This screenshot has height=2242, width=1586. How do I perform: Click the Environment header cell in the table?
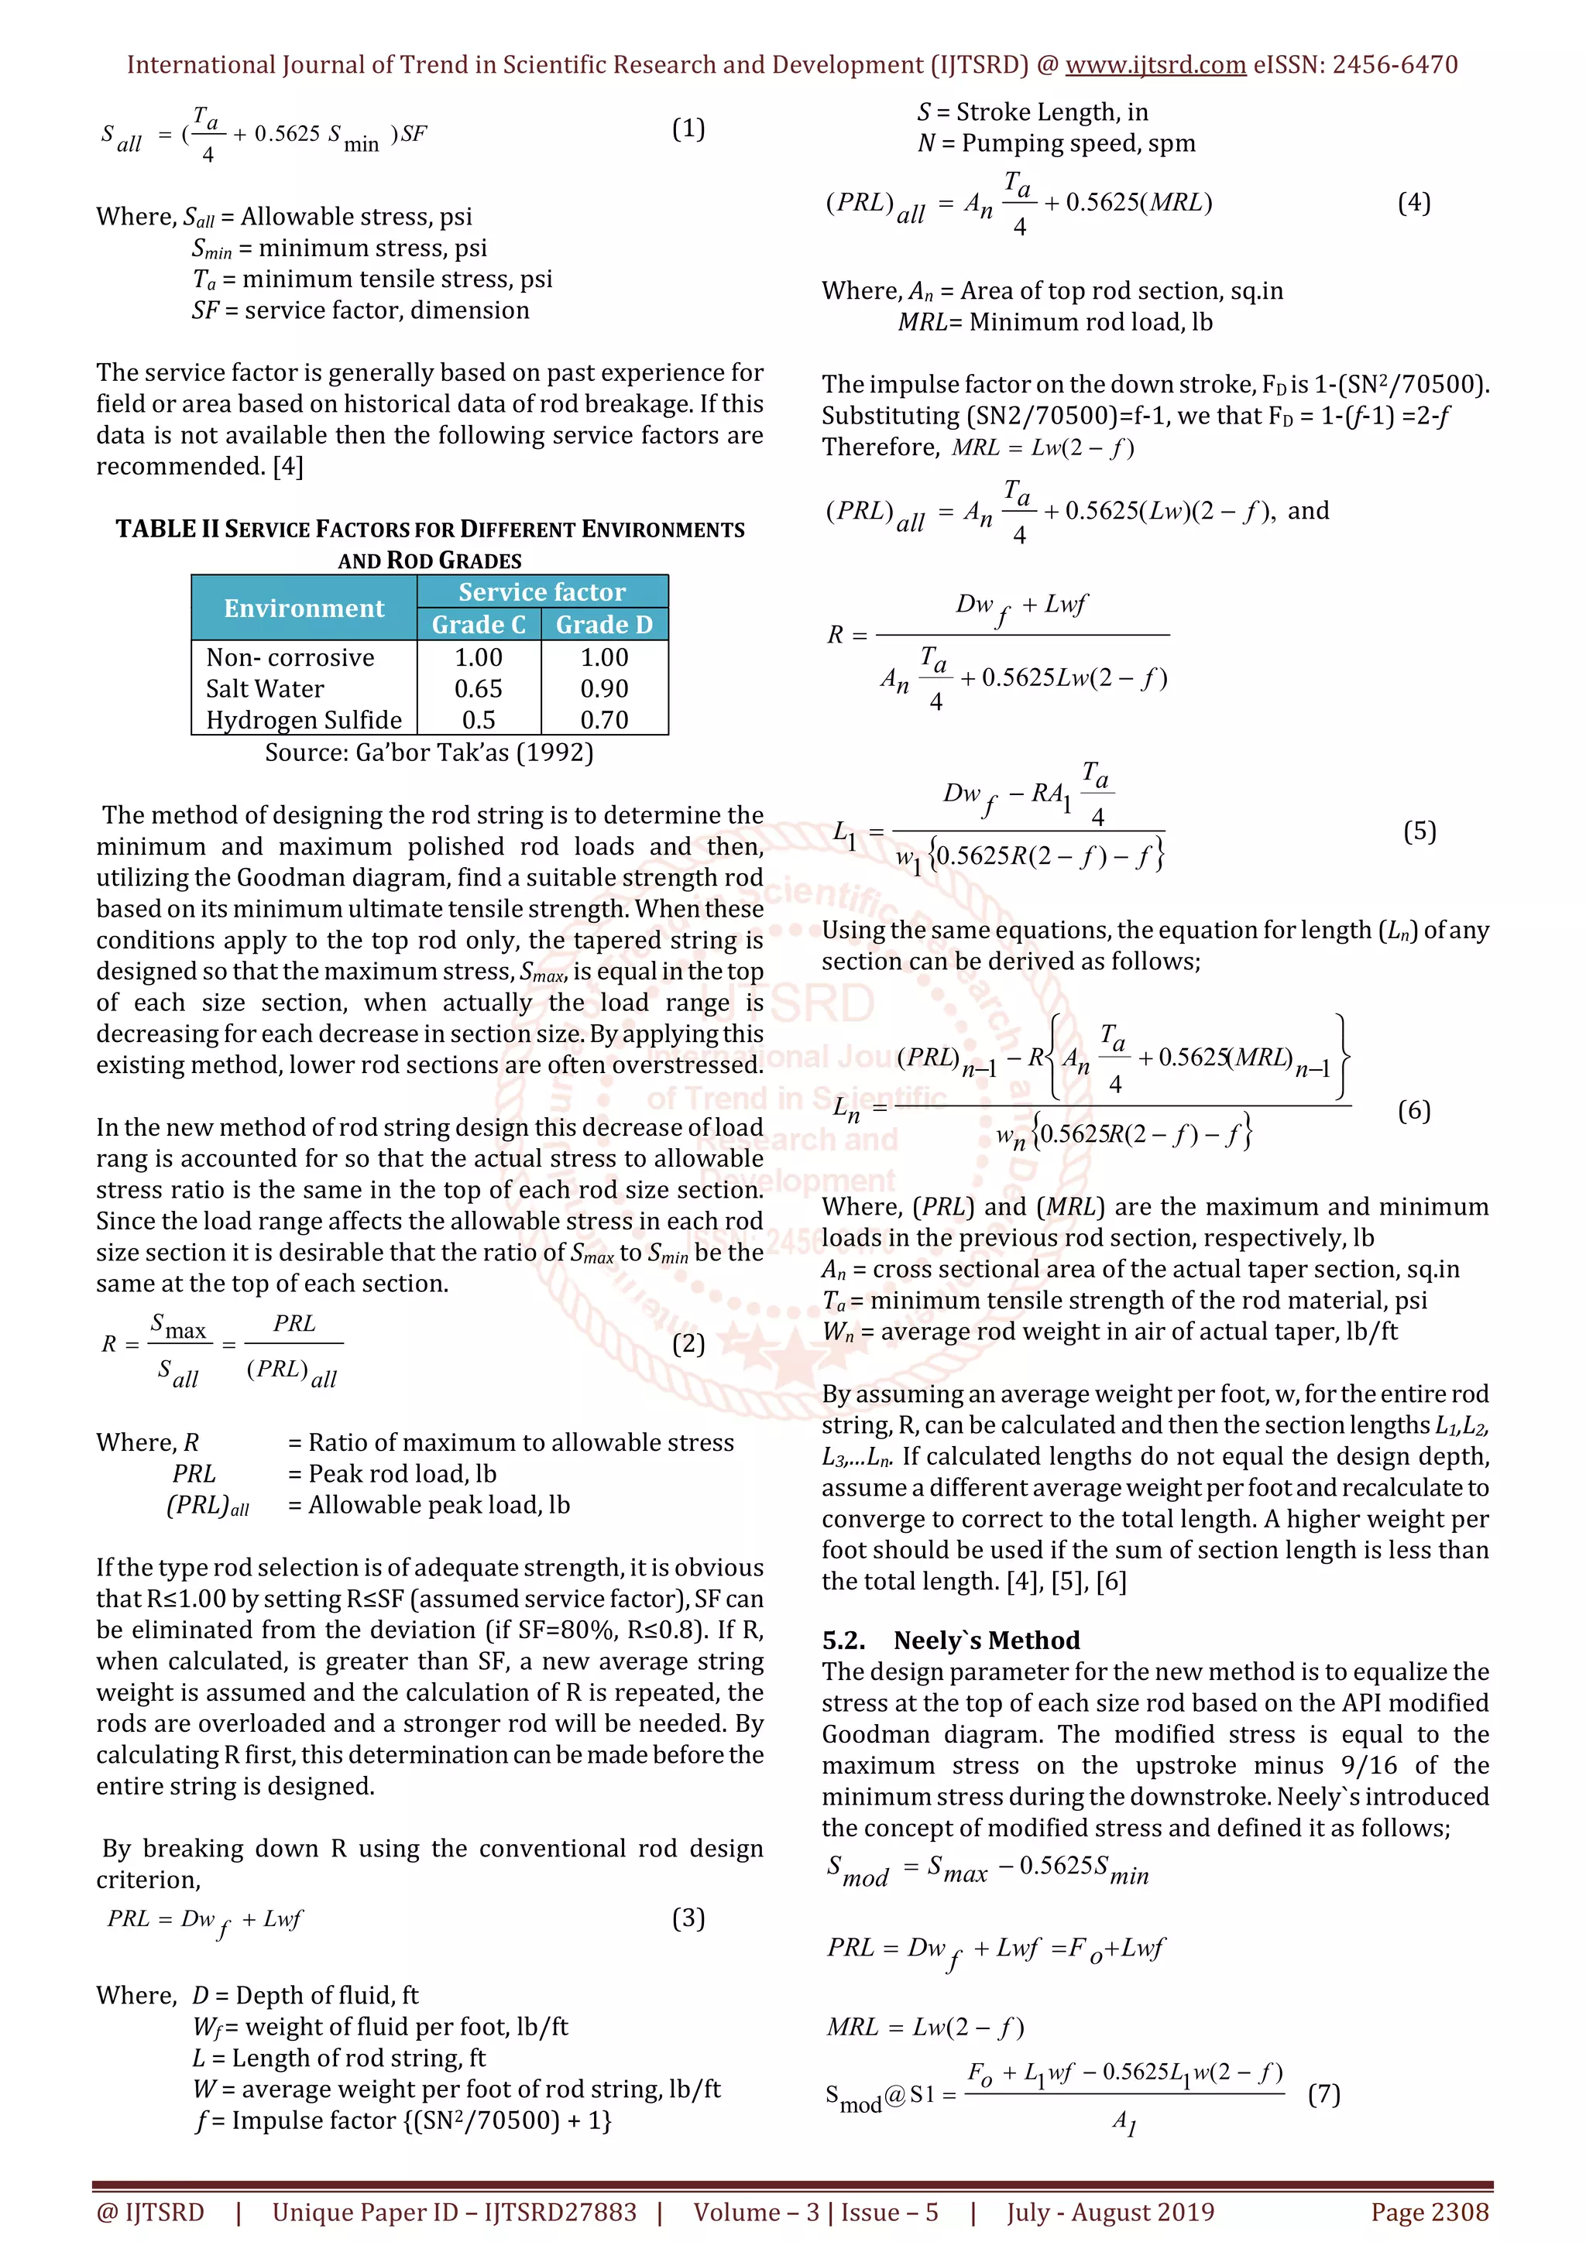pyautogui.click(x=304, y=608)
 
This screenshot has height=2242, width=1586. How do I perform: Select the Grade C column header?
pyautogui.click(x=479, y=625)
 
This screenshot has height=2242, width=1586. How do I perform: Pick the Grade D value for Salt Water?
pyautogui.click(x=605, y=689)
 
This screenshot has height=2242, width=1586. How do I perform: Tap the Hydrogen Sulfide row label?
pyautogui.click(x=304, y=721)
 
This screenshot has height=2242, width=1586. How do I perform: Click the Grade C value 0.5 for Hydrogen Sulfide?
pyautogui.click(x=479, y=721)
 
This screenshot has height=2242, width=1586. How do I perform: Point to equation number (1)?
pyautogui.click(x=688, y=129)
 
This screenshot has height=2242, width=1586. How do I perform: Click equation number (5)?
pyautogui.click(x=1419, y=832)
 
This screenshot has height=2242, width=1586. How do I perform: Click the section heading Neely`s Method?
pyautogui.click(x=987, y=1640)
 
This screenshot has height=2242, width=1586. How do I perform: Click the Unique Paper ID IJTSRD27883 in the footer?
pyautogui.click(x=454, y=2213)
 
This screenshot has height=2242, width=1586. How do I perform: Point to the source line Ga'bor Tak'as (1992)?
pyautogui.click(x=429, y=752)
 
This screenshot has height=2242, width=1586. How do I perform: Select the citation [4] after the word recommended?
pyautogui.click(x=288, y=467)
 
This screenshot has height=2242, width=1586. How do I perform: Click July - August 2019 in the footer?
pyautogui.click(x=1111, y=2213)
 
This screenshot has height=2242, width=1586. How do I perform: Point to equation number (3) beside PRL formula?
pyautogui.click(x=688, y=1919)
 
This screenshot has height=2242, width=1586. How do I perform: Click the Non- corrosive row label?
pyautogui.click(x=290, y=658)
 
